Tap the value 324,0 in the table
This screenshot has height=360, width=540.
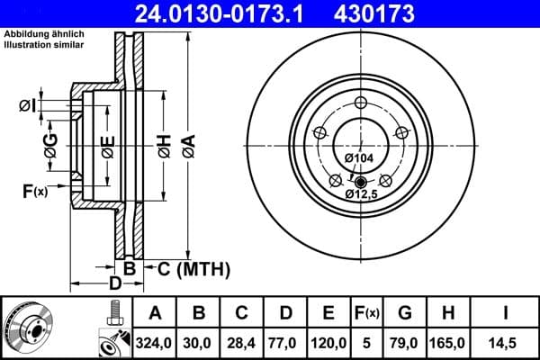coord(154,342)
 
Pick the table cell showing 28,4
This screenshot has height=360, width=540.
coord(241,342)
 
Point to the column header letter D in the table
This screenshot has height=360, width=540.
coord(284,314)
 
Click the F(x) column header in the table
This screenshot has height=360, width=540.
coord(367,314)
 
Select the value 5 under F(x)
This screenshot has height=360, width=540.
coord(367,342)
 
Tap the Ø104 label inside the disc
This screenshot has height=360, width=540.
coord(359,158)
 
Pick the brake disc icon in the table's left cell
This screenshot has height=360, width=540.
coord(28,328)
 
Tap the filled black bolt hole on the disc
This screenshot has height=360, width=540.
coord(362,182)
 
